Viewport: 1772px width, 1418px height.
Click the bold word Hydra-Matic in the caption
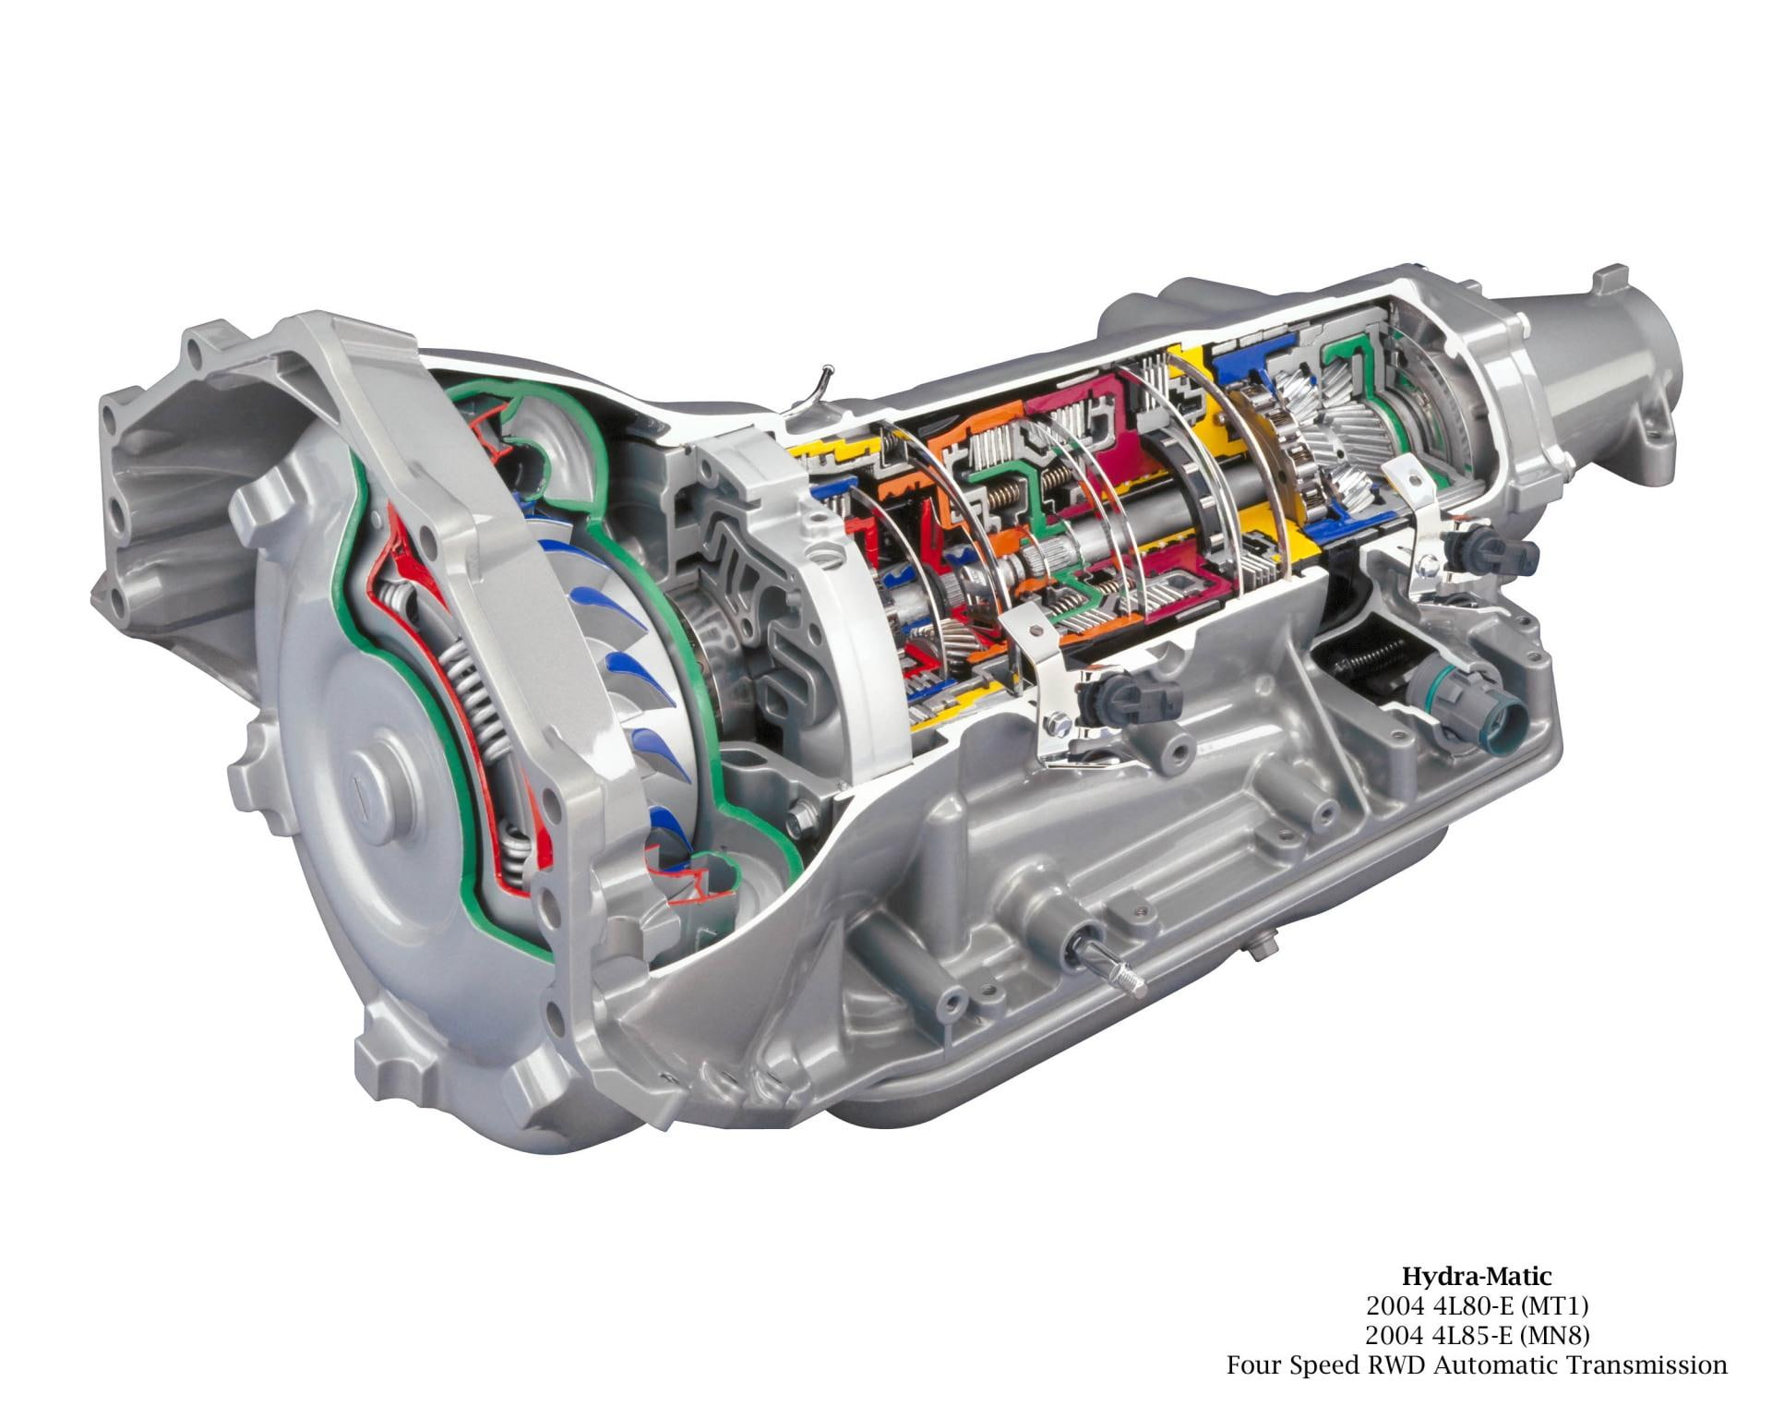1477,1277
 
